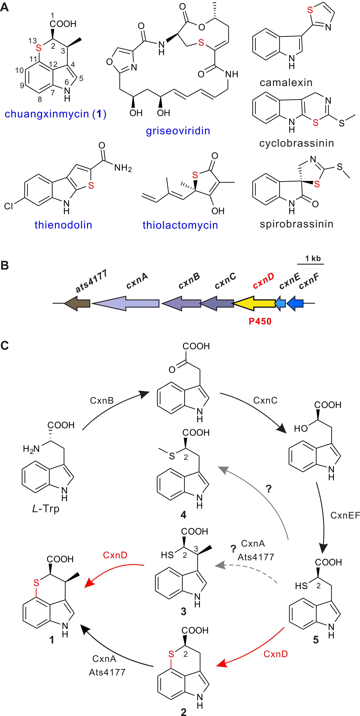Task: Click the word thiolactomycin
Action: click(180, 225)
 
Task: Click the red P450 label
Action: click(260, 321)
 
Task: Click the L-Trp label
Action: click(46, 509)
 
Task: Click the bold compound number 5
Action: click(316, 640)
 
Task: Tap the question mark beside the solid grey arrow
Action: click(269, 489)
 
